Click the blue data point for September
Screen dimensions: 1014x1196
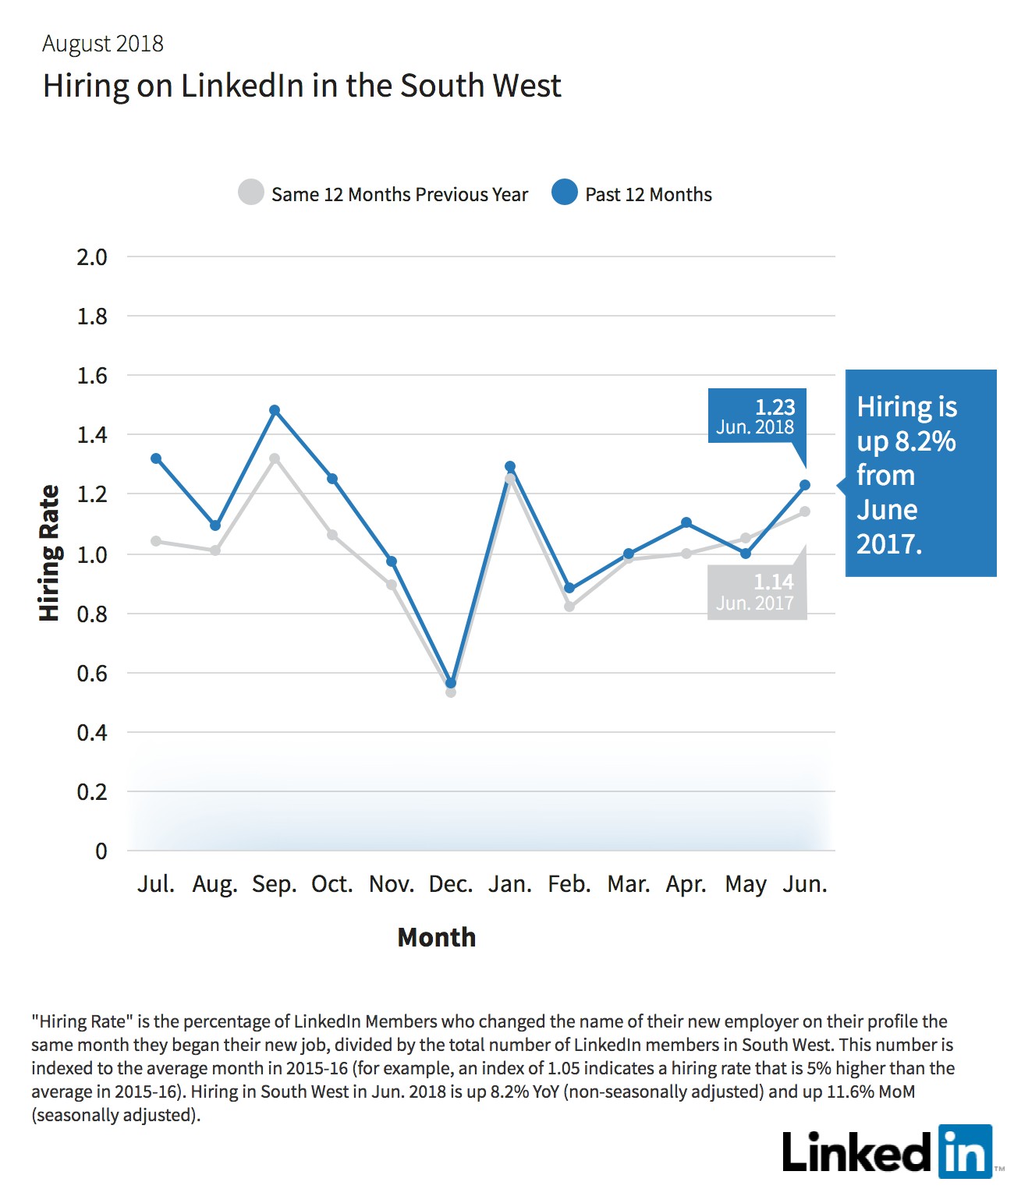pyautogui.click(x=275, y=410)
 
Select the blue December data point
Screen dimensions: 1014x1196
pyautogui.click(x=451, y=683)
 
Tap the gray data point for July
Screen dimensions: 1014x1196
pyautogui.click(x=156, y=541)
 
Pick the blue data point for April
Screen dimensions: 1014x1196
pyautogui.click(x=686, y=522)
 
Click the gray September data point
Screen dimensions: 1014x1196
pyautogui.click(x=275, y=458)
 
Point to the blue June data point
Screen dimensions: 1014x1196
pyautogui.click(x=804, y=485)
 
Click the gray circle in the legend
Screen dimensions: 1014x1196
pyautogui.click(x=251, y=192)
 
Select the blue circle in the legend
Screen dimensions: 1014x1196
pyautogui.click(x=564, y=192)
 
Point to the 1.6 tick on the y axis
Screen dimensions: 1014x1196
pyautogui.click(x=92, y=376)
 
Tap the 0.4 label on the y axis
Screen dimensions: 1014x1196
pyautogui.click(x=92, y=733)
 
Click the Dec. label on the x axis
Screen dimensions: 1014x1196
pyautogui.click(x=451, y=884)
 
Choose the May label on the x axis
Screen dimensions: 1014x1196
pyautogui.click(x=746, y=885)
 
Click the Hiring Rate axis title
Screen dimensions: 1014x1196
pyautogui.click(x=49, y=553)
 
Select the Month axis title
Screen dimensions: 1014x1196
pyautogui.click(x=436, y=937)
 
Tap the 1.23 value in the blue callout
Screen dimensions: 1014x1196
pyautogui.click(x=775, y=407)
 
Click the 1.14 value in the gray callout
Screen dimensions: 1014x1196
pyautogui.click(x=773, y=582)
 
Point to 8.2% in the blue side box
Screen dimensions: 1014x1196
pyautogui.click(x=925, y=441)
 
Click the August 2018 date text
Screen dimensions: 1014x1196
pyautogui.click(x=103, y=44)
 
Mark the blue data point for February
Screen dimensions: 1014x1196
pyautogui.click(x=569, y=588)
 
